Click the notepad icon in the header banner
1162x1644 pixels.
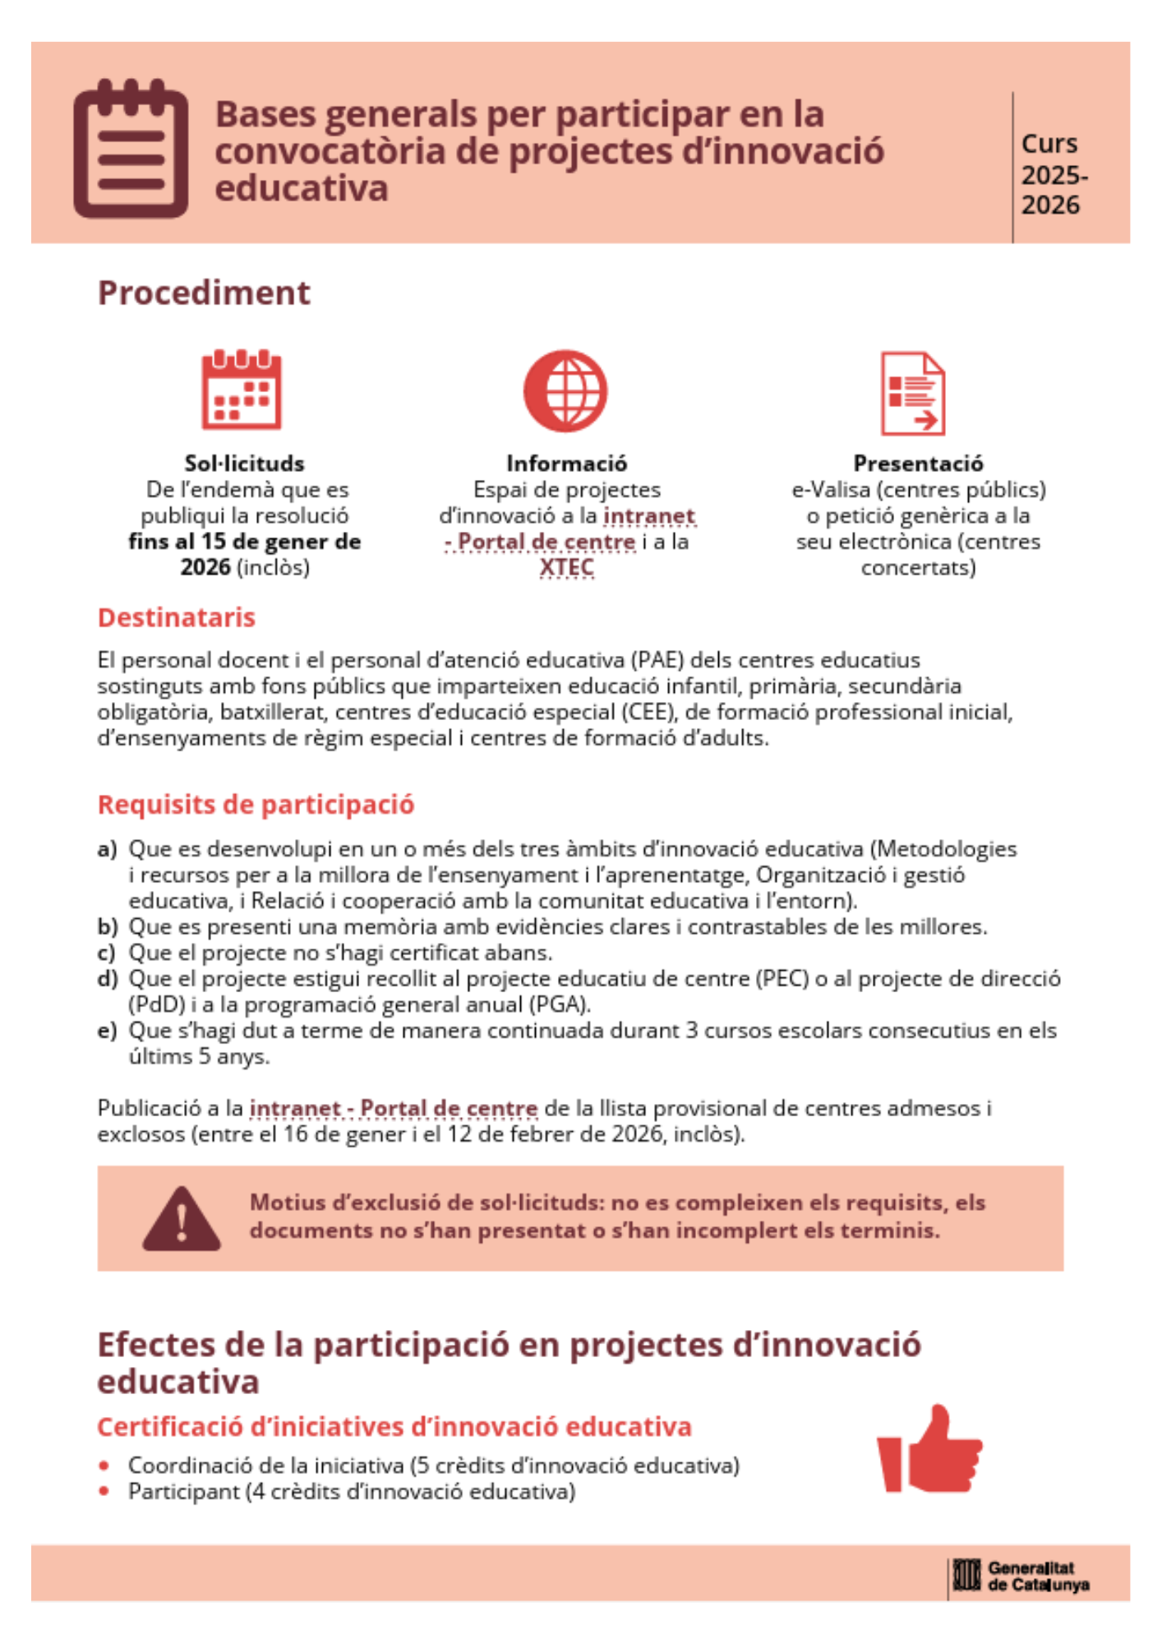pos(131,149)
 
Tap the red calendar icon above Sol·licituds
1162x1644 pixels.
pos(242,390)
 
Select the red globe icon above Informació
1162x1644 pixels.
pos(565,391)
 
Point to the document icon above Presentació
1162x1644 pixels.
pos(913,393)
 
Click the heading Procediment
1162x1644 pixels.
pos(204,293)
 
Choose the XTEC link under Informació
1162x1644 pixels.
pos(566,567)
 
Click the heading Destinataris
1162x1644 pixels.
pos(177,617)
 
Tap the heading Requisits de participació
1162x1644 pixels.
pos(256,804)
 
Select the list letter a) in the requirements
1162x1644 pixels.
pos(107,848)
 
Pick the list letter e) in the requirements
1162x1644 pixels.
pos(107,1030)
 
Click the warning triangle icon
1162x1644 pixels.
pos(182,1219)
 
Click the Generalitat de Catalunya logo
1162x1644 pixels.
pos(1021,1576)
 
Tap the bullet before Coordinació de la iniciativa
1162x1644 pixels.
pos(104,1466)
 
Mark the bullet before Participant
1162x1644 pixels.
pos(104,1491)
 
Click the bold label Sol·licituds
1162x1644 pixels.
pos(244,464)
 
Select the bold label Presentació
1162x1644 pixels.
pos(918,464)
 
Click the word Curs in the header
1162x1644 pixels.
pos(1049,144)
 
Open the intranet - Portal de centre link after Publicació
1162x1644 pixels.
pos(394,1108)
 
